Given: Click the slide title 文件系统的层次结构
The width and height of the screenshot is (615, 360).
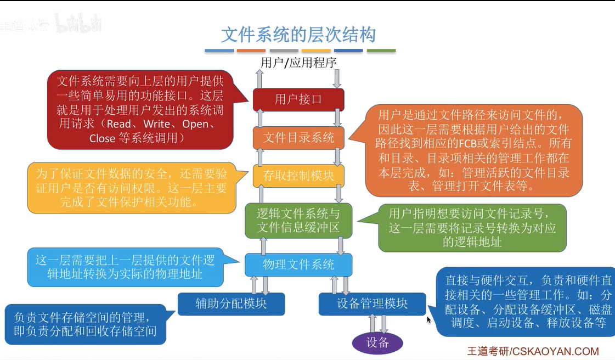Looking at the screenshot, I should pyautogui.click(x=298, y=35).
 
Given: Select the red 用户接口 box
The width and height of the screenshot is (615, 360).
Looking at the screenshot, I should pyautogui.click(x=298, y=99).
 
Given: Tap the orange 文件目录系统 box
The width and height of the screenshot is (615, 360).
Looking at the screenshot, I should pyautogui.click(x=298, y=137).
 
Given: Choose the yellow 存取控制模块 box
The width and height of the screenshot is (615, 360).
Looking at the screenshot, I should pyautogui.click(x=298, y=176).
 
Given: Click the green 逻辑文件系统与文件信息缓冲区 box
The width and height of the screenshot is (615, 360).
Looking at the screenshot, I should pyautogui.click(x=298, y=220).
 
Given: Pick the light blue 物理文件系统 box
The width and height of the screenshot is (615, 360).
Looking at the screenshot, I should pyautogui.click(x=298, y=265).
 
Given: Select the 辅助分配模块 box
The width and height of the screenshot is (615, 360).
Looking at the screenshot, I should pyautogui.click(x=231, y=303).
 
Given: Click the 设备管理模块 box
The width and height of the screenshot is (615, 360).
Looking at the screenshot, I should pyautogui.click(x=372, y=303).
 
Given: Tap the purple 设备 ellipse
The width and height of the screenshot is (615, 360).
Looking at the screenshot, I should pyautogui.click(x=377, y=343).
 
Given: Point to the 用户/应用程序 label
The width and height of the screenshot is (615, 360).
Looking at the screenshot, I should pyautogui.click(x=298, y=63).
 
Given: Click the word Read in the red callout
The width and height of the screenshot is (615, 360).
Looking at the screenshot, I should pyautogui.click(x=119, y=124).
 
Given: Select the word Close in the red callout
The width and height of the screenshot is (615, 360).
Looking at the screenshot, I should pyautogui.click(x=102, y=138).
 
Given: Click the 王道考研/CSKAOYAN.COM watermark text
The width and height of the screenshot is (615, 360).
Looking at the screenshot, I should pyautogui.click(x=533, y=351).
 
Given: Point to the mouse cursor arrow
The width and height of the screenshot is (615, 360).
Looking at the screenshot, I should pyautogui.click(x=429, y=319).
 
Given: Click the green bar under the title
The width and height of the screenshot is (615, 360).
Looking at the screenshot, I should pyautogui.click(x=381, y=51).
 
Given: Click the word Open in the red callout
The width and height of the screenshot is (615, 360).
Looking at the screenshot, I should pyautogui.click(x=196, y=124).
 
